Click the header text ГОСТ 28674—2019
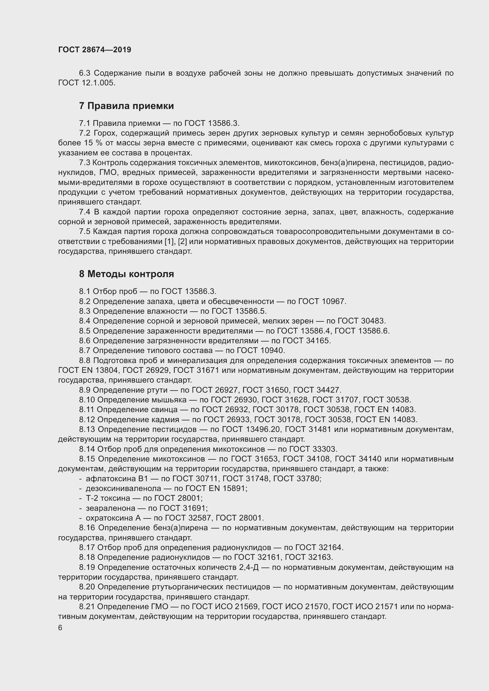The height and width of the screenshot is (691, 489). tap(95, 50)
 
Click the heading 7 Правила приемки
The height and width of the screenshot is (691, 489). tap(127, 106)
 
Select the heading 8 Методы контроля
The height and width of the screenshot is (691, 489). tap(127, 274)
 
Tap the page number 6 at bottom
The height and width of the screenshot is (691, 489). tap(60, 628)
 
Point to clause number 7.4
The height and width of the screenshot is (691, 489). tap(85, 212)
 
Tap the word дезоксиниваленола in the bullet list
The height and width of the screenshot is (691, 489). tap(124, 488)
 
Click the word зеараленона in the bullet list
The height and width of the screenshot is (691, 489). tap(111, 508)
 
